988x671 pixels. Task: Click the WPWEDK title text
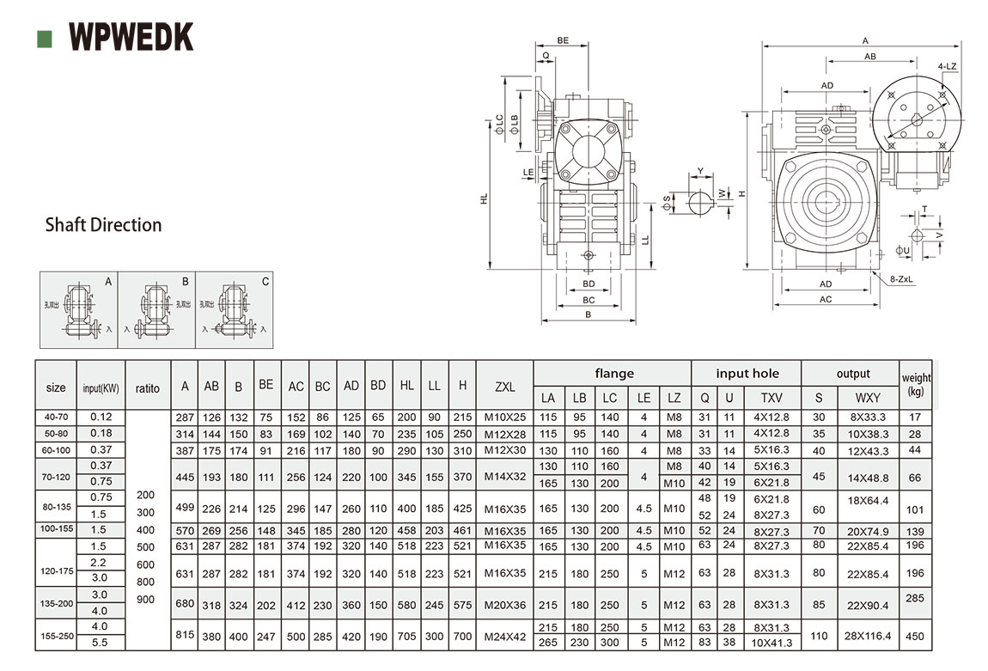click(131, 37)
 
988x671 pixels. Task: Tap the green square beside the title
click(46, 39)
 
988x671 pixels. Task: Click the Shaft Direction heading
click(103, 225)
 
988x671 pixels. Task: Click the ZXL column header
click(505, 387)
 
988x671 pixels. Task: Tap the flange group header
click(614, 374)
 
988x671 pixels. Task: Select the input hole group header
click(747, 374)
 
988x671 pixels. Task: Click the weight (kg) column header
click(916, 384)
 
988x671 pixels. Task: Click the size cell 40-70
click(56, 417)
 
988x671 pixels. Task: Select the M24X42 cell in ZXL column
click(505, 635)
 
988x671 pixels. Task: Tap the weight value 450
click(916, 636)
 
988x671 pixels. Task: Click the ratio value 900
click(146, 600)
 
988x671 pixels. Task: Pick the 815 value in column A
click(185, 635)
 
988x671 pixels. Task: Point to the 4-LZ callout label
click(948, 66)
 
